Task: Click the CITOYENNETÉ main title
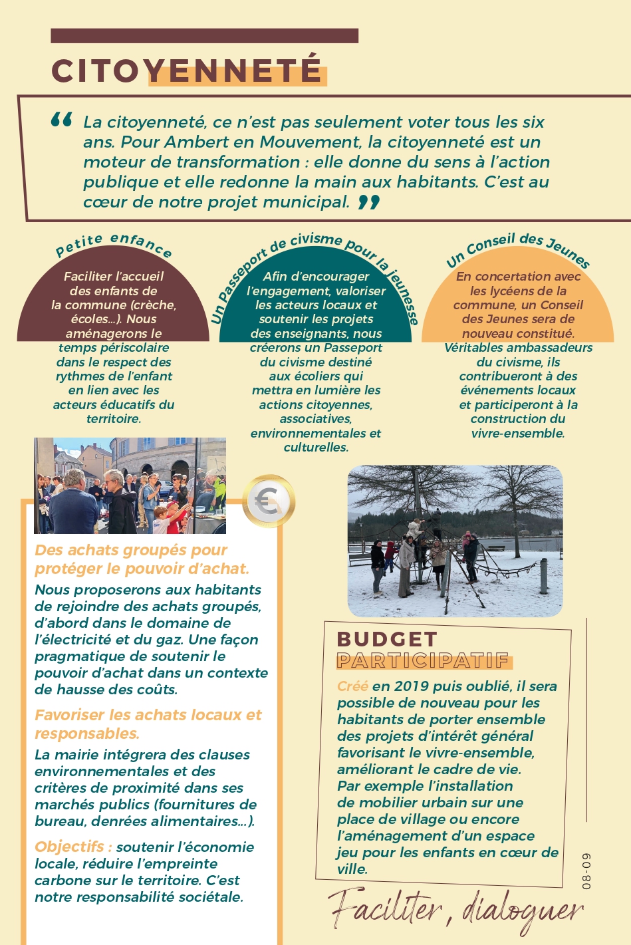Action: click(187, 71)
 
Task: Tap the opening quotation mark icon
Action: click(61, 120)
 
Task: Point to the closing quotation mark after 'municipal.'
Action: click(369, 202)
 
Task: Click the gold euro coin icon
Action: click(268, 501)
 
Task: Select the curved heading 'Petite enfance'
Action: click(114, 244)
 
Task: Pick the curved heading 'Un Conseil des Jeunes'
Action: click(518, 249)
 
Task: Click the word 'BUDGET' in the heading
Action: click(387, 639)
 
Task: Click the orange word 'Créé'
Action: click(352, 686)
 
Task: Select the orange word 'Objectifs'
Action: click(69, 847)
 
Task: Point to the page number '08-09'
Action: click(586, 871)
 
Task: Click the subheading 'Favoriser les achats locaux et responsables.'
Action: click(148, 724)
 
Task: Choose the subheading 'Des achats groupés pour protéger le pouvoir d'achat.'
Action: click(142, 559)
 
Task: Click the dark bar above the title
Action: click(204, 36)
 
